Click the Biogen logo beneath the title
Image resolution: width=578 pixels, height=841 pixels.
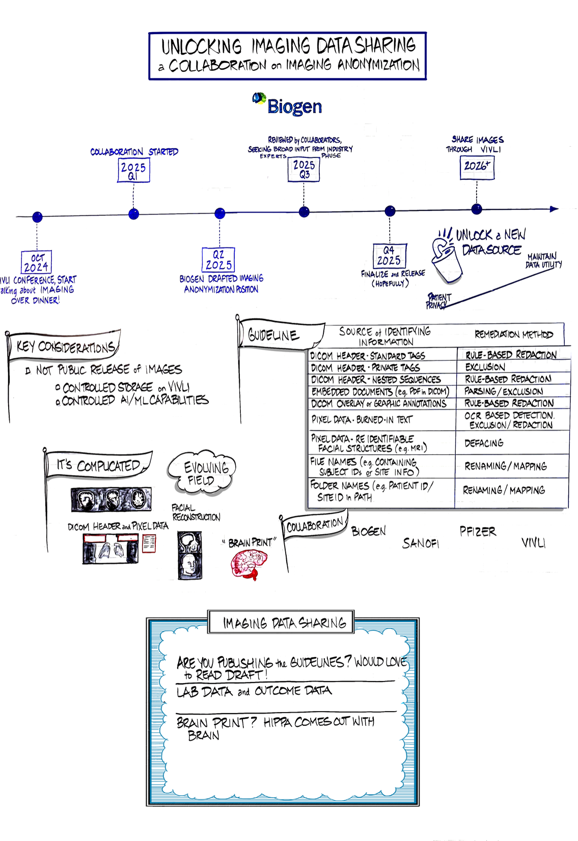288,104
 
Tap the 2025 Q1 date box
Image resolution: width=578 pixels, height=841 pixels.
133,171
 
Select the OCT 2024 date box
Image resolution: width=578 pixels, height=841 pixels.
37,262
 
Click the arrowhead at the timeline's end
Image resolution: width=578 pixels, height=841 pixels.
554,208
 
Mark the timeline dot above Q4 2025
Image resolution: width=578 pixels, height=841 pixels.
390,211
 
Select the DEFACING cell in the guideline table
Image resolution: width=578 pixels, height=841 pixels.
484,443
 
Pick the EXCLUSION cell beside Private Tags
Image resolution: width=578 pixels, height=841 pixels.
485,367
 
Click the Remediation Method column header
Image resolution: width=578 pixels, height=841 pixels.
513,334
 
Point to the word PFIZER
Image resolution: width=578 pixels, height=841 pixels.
478,532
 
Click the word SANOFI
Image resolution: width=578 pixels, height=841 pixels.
421,543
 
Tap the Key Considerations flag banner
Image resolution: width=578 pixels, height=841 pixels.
65,347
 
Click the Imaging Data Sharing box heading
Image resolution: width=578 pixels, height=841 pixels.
284,623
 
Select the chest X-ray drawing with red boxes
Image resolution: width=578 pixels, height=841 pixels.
111,548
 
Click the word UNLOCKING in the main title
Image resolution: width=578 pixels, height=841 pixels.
202,46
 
